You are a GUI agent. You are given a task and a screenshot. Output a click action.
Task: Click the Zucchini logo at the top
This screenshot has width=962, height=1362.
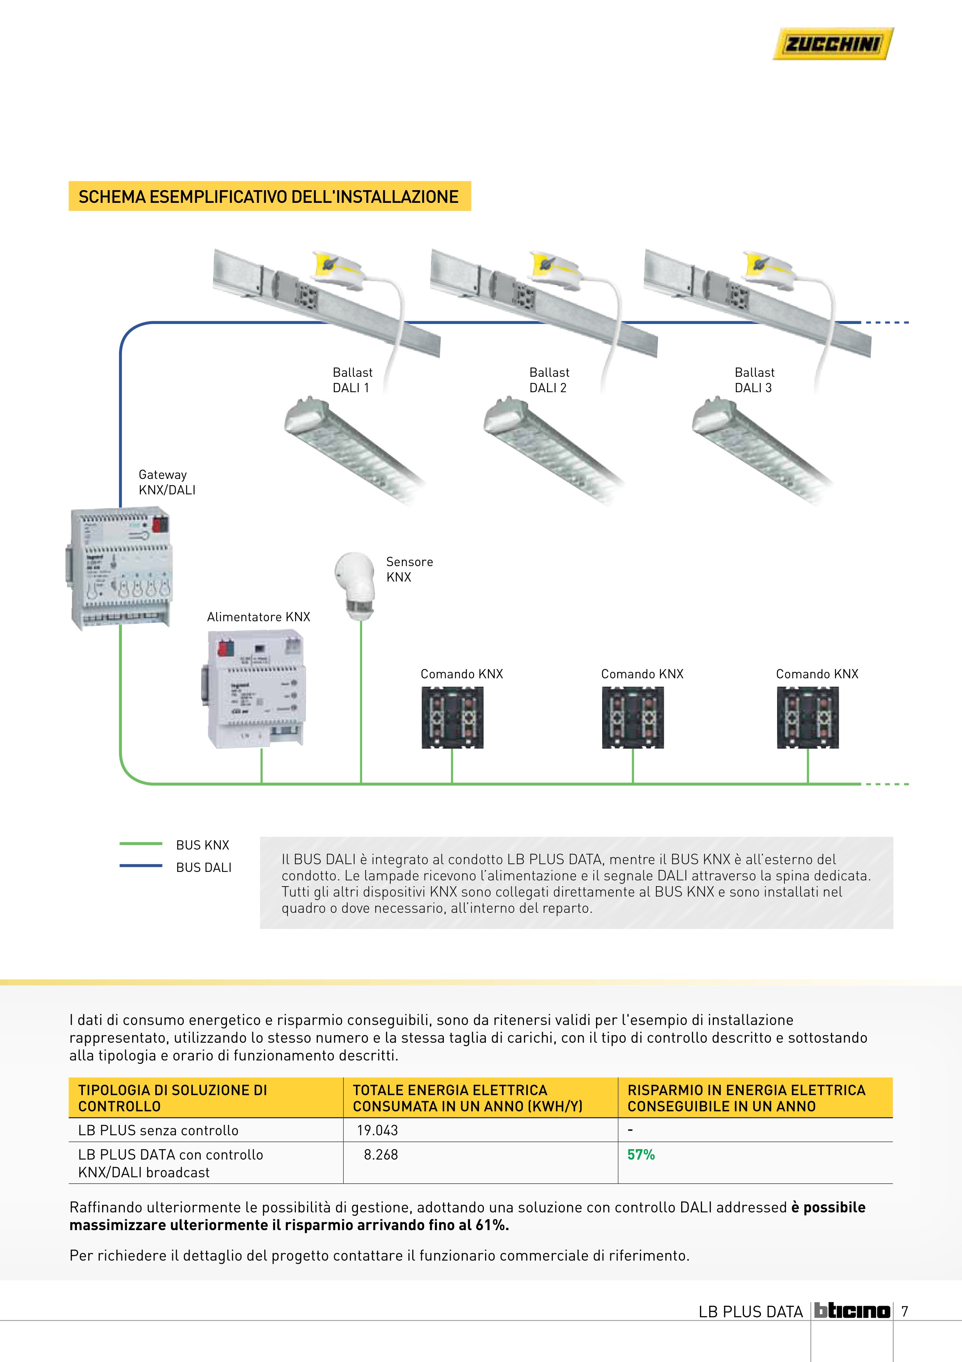833,44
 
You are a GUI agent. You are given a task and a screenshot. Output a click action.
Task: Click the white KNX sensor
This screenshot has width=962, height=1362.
355,584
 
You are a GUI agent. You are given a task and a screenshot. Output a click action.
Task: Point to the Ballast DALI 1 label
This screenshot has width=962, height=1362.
352,380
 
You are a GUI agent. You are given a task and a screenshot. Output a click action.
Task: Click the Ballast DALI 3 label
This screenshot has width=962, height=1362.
754,380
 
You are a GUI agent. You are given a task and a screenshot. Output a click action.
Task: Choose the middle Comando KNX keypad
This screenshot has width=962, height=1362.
633,717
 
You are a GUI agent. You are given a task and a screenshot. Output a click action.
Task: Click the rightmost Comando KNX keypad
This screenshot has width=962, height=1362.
807,717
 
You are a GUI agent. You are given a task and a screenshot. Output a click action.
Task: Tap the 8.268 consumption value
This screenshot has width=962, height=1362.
381,1155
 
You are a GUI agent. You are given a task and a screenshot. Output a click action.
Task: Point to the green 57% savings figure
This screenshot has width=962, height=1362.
641,1155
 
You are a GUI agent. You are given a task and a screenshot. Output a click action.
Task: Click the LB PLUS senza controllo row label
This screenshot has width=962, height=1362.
158,1131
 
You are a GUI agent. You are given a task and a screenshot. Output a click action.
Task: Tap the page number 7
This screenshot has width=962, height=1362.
905,1311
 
